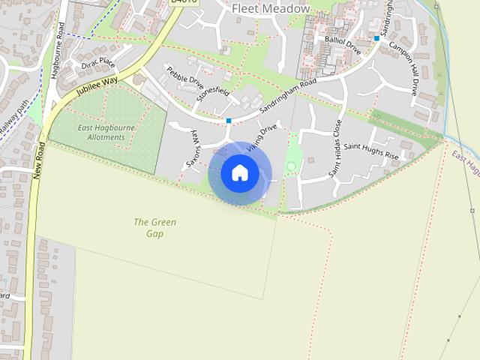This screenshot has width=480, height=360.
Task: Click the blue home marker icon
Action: point(239,173)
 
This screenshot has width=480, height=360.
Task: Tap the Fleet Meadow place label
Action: point(271,8)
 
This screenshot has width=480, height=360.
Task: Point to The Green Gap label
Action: point(155,227)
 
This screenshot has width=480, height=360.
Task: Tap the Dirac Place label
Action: point(97,63)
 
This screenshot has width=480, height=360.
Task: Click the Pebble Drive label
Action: point(185,80)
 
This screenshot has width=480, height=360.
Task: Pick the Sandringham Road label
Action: point(288,98)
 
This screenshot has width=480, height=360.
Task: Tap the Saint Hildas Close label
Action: point(335,148)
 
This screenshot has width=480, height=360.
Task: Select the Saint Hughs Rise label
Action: point(373,153)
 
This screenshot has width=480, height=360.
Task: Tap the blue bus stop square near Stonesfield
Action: point(229,120)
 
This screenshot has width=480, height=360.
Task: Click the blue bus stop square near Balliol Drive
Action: point(376,37)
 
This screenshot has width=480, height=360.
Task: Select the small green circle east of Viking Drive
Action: point(291,166)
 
